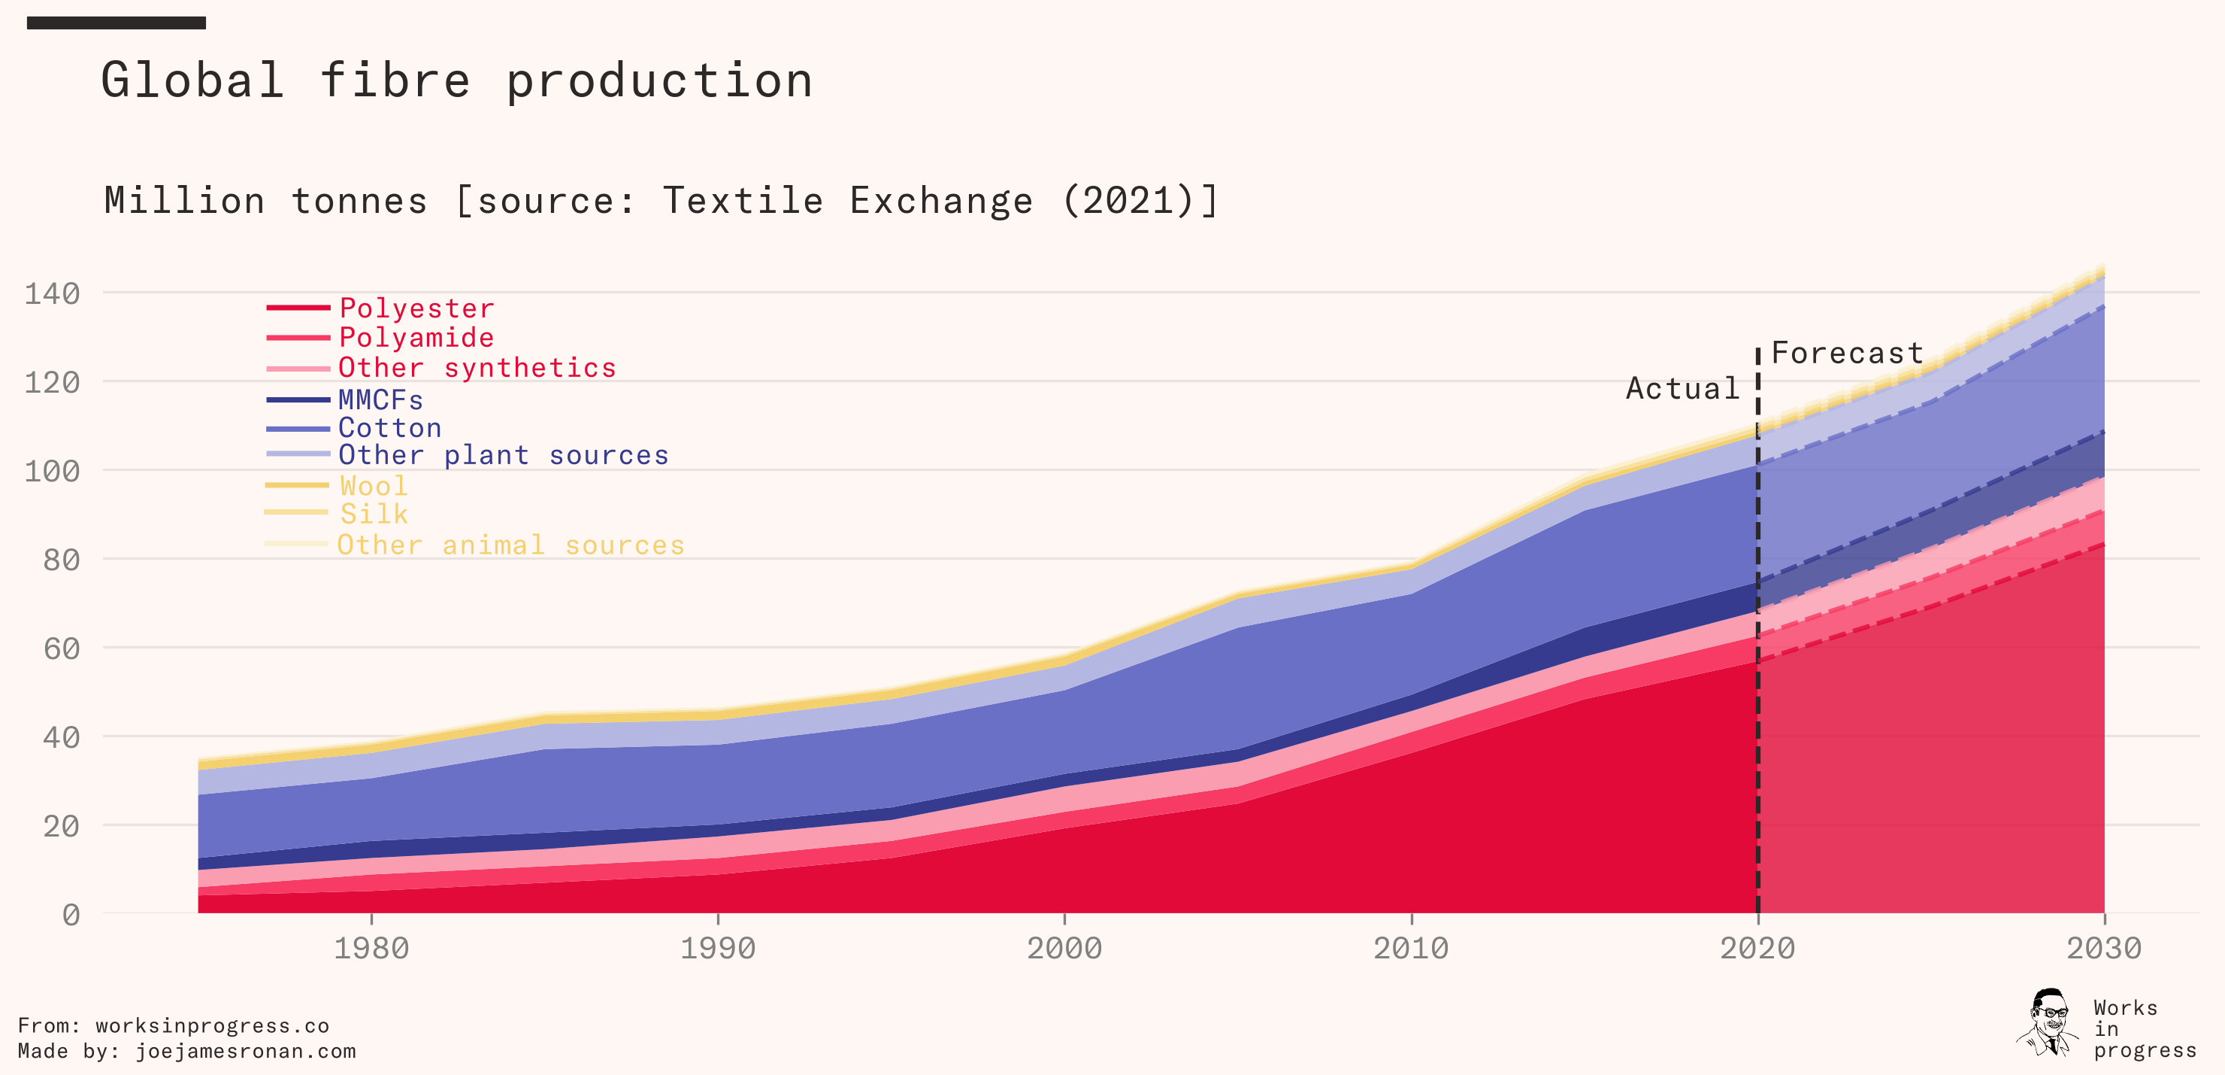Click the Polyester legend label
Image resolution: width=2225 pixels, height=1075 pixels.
pos(416,308)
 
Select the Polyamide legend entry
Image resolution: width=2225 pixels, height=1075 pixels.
pos(416,337)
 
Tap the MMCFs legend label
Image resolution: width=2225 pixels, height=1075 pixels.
pos(381,399)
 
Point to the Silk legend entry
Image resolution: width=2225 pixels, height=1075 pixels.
pos(373,513)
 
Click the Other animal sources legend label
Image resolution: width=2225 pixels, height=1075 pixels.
pos(510,545)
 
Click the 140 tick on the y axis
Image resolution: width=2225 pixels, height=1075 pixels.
pos(52,294)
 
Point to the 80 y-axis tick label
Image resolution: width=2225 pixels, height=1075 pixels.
pos(62,560)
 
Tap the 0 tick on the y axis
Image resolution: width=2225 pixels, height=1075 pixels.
pos(71,914)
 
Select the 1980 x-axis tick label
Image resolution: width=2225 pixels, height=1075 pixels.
pos(371,948)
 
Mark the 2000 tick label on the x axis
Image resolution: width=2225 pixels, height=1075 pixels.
pos(1064,948)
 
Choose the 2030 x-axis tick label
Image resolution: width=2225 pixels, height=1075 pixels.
pos(2103,948)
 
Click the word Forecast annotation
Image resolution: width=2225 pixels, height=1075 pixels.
pos(1848,353)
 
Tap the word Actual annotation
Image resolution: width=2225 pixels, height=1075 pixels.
pos(1682,388)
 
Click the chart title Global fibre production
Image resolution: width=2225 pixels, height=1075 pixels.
pos(457,80)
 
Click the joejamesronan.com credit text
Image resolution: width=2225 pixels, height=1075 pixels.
pos(245,1051)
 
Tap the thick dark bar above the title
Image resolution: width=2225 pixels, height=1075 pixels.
pos(116,23)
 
